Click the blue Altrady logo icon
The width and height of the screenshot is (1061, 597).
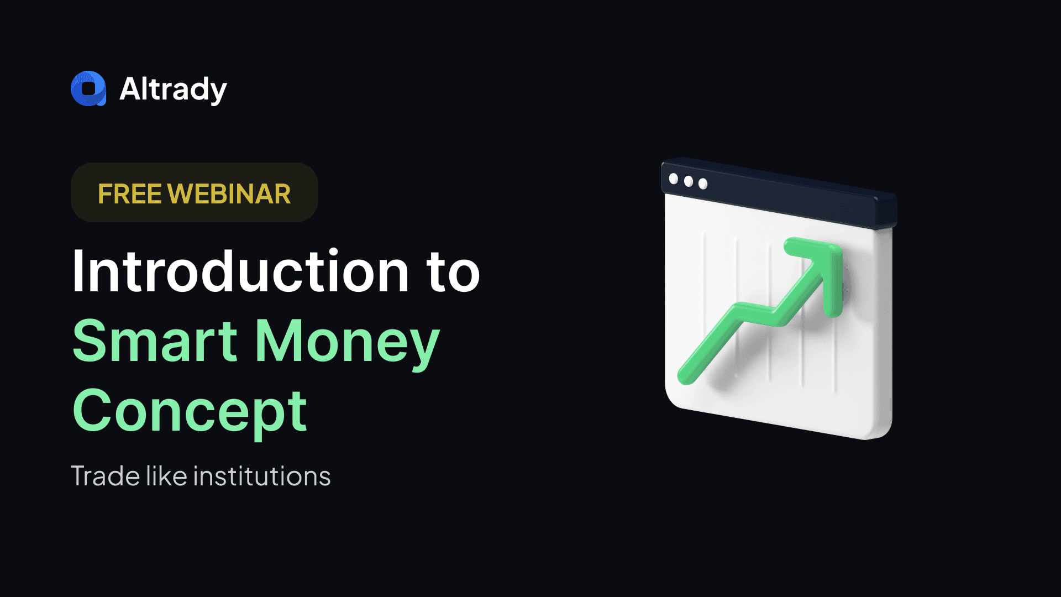click(x=88, y=88)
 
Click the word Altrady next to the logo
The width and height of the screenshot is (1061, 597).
click(x=173, y=90)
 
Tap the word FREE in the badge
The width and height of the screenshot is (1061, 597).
click(x=130, y=194)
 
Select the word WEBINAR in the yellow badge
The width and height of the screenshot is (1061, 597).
click(x=229, y=194)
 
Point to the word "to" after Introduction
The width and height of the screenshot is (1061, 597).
click(x=453, y=273)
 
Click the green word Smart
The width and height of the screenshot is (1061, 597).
click(x=155, y=341)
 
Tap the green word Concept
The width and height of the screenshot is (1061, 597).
click(x=190, y=412)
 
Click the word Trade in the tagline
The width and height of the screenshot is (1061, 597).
click(x=106, y=476)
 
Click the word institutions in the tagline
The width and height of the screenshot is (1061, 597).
click(x=262, y=476)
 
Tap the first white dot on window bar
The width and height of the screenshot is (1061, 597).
click(x=674, y=179)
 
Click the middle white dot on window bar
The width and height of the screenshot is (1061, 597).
click(x=689, y=181)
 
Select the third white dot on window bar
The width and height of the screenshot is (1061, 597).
click(x=703, y=184)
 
